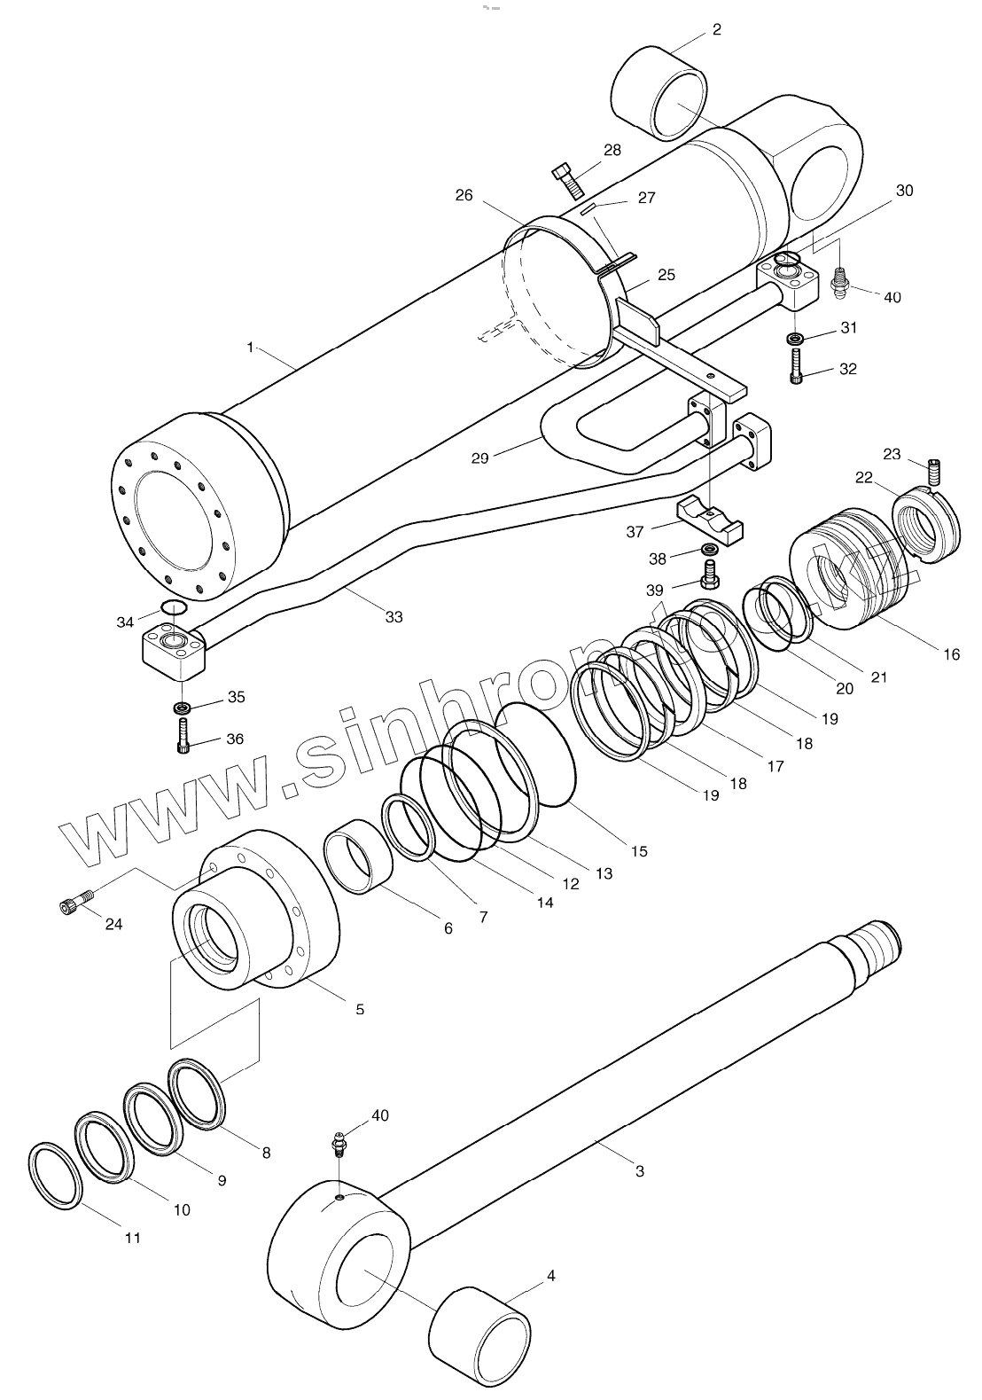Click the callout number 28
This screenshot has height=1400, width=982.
(612, 150)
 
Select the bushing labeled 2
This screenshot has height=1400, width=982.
(659, 94)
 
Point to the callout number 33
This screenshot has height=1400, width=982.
(394, 617)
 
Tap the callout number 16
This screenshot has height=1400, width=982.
(951, 655)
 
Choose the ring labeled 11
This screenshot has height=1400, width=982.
(56, 1176)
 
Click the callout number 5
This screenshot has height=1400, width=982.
(360, 1009)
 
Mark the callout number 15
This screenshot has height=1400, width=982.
(639, 851)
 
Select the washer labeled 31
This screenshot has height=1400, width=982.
(795, 338)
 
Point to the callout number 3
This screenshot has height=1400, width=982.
(640, 1171)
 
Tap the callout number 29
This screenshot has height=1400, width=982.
(479, 458)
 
